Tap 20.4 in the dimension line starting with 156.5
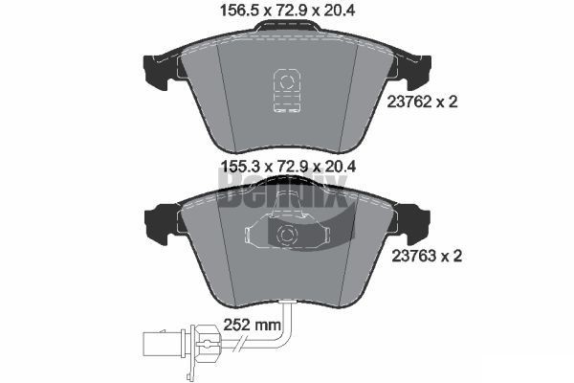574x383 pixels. pos(340,13)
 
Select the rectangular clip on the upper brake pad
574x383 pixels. pos(284,91)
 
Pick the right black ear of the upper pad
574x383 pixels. pos(417,69)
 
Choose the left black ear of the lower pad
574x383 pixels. pos(155,224)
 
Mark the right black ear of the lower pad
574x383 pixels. pos(417,224)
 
